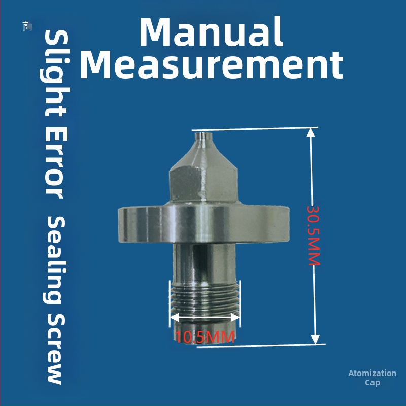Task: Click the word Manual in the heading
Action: (211, 32)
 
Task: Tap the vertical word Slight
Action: (55, 73)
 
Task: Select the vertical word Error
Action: (55, 163)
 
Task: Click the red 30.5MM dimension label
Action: (314, 235)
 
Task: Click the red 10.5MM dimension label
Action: (205, 337)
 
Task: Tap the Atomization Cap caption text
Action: (372, 378)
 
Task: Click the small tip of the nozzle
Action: (204, 137)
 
